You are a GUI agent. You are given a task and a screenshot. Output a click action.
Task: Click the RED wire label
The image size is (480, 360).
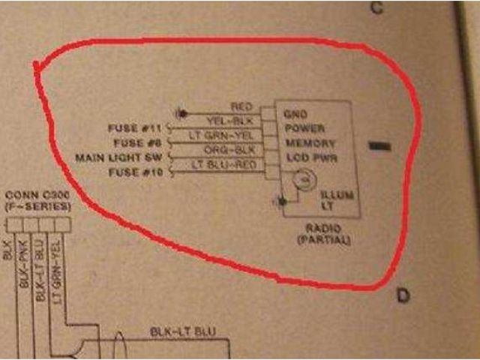point(241,107)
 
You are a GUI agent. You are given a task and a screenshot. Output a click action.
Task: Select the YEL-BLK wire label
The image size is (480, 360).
point(230,121)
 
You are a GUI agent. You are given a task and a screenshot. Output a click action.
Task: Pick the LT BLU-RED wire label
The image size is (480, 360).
point(225,163)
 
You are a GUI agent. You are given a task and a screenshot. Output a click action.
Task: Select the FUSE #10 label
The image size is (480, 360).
point(138,172)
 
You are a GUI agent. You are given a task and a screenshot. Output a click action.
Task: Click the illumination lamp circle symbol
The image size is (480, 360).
point(302,180)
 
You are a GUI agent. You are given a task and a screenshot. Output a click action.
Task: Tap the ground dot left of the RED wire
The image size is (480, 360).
point(180,113)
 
